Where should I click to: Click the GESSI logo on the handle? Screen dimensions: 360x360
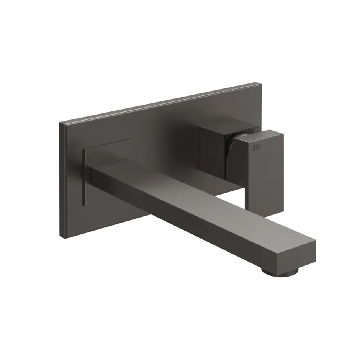[255, 148]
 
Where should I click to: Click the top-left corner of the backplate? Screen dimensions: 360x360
[59, 122]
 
